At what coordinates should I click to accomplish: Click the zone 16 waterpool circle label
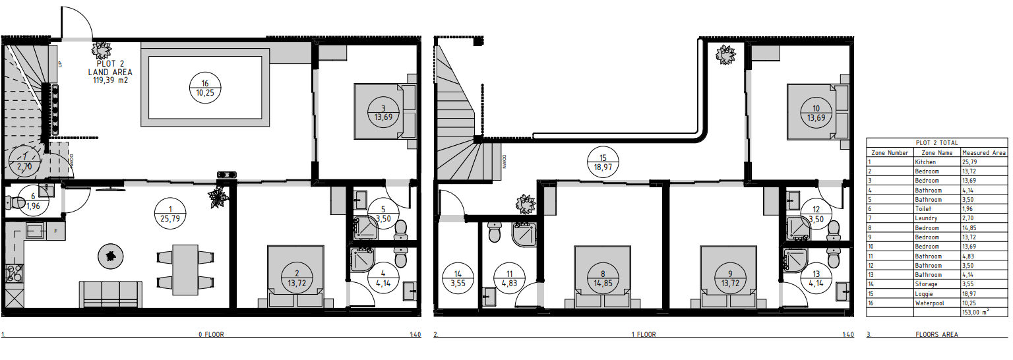205,88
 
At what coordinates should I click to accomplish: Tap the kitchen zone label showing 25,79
170,214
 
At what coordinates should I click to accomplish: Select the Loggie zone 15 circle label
603,162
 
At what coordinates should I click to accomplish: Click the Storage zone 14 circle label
458,279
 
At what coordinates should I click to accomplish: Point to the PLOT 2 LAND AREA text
110,72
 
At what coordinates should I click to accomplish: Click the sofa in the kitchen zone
111,294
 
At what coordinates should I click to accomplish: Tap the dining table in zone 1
185,270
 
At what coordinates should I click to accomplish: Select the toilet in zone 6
15,202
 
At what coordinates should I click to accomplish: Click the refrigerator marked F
55,231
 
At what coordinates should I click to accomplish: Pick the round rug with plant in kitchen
111,256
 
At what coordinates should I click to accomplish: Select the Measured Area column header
983,153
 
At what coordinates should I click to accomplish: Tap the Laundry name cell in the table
926,218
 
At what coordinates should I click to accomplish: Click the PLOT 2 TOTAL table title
937,142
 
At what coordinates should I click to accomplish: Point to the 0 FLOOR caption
211,335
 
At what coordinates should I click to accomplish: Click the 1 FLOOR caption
644,335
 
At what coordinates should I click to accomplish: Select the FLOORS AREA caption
936,335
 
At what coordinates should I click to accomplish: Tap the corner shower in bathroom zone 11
524,234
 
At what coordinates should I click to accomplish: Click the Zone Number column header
890,153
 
